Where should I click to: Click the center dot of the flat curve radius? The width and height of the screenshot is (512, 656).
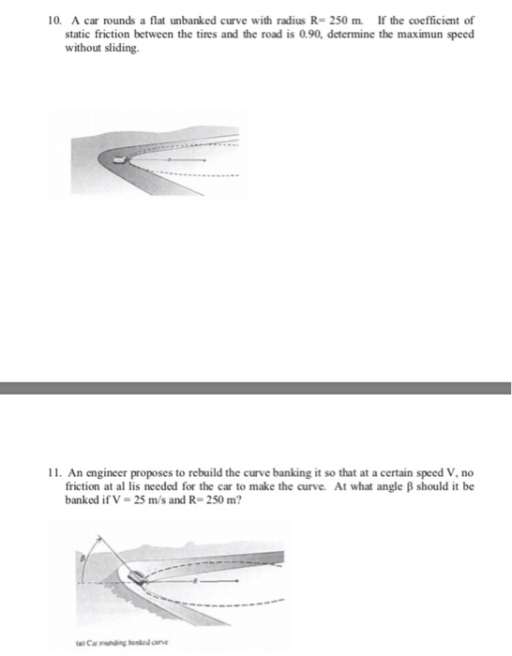(x=203, y=161)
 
